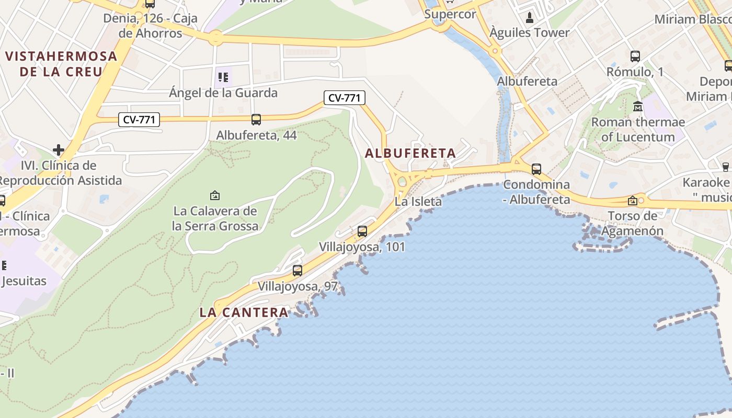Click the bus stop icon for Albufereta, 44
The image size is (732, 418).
256,120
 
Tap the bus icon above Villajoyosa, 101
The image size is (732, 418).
362,231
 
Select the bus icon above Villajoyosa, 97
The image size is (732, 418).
298,271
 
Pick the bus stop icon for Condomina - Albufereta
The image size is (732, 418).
536,169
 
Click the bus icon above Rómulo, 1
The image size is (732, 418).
635,56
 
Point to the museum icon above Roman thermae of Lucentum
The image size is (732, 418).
637,107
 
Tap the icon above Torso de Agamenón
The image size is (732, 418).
633,200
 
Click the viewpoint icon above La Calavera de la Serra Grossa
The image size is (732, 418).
214,196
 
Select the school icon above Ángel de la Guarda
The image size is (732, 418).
223,78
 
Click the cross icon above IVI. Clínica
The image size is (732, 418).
59,150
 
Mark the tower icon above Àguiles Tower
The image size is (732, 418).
530,18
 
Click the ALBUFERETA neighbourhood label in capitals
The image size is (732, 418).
410,154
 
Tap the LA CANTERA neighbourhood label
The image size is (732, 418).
244,313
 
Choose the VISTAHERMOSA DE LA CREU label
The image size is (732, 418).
61,64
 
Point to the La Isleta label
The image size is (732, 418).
418,201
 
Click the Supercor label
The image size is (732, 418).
450,14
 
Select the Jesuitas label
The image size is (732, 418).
24,281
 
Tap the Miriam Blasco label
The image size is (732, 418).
690,19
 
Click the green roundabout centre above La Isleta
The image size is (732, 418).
402,182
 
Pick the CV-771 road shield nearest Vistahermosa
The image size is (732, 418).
140,120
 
